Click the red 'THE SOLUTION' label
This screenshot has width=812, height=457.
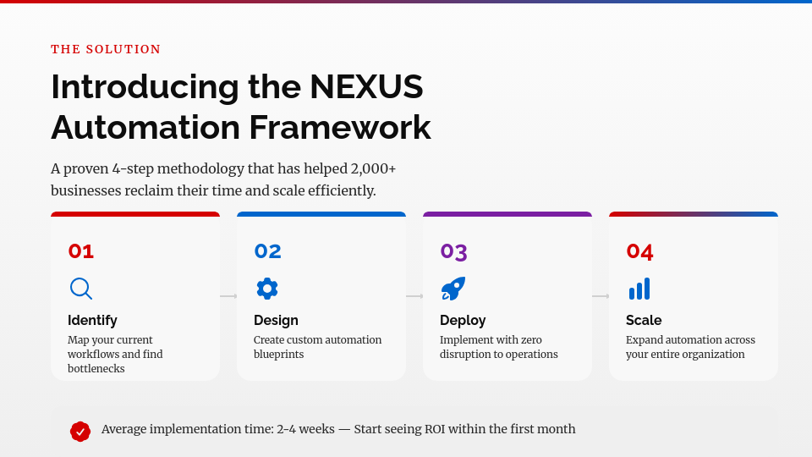click(x=106, y=49)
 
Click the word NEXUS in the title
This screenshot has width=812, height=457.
click(x=366, y=86)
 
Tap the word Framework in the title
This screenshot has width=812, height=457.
click(x=340, y=128)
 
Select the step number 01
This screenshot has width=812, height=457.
click(x=81, y=251)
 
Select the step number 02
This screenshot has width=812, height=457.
click(x=267, y=251)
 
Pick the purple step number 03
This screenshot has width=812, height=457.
click(x=453, y=252)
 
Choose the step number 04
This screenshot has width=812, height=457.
click(x=639, y=251)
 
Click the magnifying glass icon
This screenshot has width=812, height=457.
click(x=81, y=289)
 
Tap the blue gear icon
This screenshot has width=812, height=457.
click(x=267, y=289)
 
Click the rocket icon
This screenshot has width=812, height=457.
click(x=453, y=289)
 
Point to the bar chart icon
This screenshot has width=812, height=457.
click(x=639, y=289)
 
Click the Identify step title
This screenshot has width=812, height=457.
click(x=92, y=320)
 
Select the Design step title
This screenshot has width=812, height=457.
click(x=276, y=320)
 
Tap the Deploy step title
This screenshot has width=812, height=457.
click(x=463, y=320)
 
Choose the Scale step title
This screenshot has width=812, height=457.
click(x=644, y=320)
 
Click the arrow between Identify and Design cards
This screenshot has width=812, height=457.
click(x=228, y=296)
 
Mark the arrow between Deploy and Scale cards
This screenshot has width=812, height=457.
click(x=601, y=296)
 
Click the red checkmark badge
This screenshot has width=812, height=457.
click(x=80, y=431)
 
